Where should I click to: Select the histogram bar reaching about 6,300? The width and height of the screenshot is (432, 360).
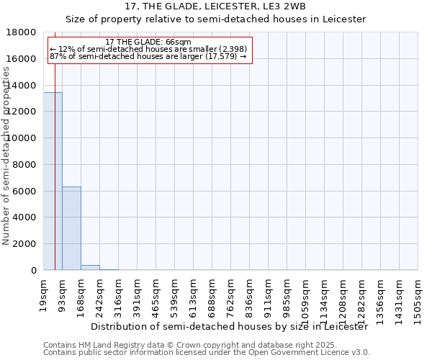(x=71, y=228)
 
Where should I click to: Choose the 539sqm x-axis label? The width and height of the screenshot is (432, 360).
(x=175, y=294)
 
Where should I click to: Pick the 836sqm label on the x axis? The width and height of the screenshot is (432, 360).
(x=250, y=294)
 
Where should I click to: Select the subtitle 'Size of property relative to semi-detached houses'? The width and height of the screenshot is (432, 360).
(x=215, y=19)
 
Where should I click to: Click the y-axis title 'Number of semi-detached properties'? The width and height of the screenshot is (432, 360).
(x=7, y=171)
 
